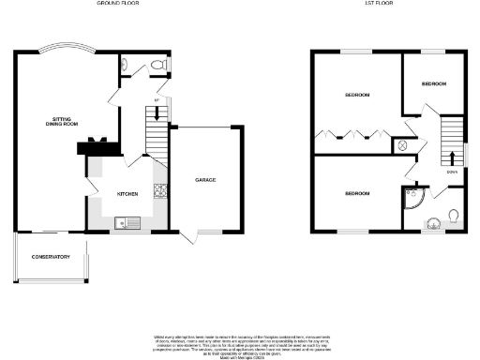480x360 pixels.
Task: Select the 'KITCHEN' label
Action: tap(127, 194)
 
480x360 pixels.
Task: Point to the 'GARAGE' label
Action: tap(206, 179)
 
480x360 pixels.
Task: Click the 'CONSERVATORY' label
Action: tap(51, 257)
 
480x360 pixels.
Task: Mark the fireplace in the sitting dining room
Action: tap(97, 145)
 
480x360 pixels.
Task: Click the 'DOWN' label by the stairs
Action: tap(452, 172)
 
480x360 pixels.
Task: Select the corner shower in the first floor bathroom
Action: tap(412, 198)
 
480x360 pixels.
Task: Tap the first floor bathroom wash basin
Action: tap(433, 223)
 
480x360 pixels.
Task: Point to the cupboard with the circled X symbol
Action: tap(402, 145)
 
